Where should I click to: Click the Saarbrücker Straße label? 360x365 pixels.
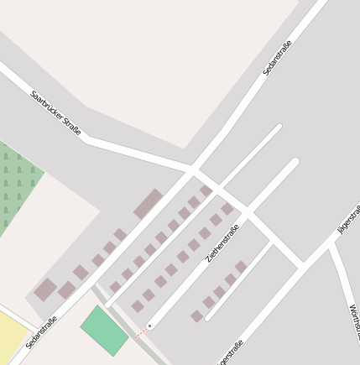[x=55, y=112]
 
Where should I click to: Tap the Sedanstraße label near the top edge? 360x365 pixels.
[x=277, y=59]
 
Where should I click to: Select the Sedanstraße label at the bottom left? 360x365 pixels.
[x=41, y=331]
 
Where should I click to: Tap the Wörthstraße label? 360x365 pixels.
[x=353, y=323]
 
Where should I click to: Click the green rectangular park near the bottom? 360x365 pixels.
[x=105, y=331]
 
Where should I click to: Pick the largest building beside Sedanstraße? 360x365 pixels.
[x=149, y=204]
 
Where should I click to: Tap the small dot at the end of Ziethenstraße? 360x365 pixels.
[x=149, y=326]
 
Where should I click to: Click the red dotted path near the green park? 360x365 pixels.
[x=141, y=332]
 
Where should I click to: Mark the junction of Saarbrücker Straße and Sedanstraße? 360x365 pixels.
[x=192, y=167]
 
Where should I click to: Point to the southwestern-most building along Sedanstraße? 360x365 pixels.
[x=45, y=290]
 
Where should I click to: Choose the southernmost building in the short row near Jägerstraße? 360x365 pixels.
[x=197, y=316]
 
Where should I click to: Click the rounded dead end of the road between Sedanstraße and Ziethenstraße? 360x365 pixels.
[x=278, y=128]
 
